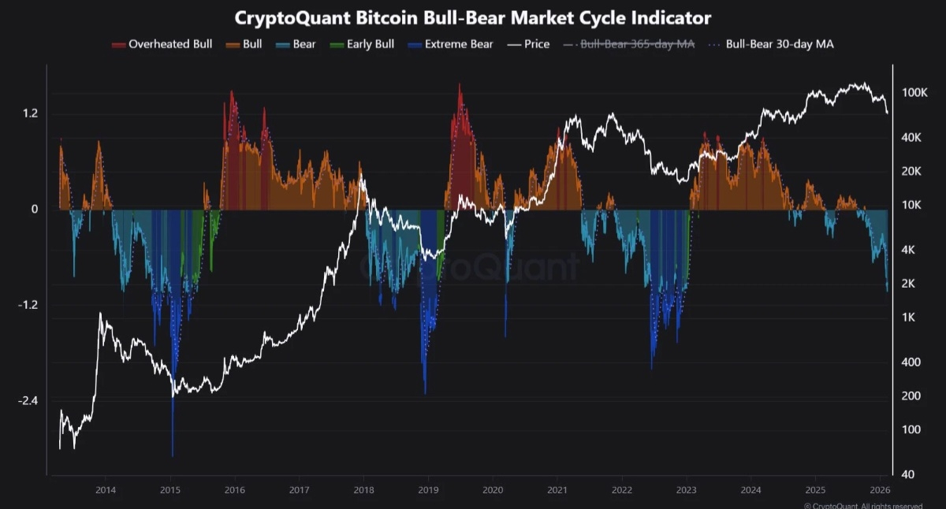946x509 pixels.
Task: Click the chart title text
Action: click(x=473, y=17)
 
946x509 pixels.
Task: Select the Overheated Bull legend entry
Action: click(x=162, y=44)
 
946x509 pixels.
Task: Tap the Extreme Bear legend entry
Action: click(x=452, y=44)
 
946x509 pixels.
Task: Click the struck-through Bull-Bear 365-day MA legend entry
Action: click(x=630, y=44)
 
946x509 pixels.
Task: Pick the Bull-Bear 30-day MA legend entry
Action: click(x=772, y=44)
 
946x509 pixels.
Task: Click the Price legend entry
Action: click(x=529, y=44)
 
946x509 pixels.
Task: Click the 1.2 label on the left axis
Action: click(x=30, y=114)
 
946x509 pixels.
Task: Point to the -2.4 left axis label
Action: click(x=28, y=401)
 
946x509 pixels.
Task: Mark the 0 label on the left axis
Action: click(x=35, y=210)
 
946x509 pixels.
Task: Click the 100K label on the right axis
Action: click(x=914, y=93)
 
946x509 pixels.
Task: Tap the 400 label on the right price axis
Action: click(x=911, y=362)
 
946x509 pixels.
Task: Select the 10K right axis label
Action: click(x=912, y=205)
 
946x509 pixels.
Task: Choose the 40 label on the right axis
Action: click(x=909, y=474)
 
